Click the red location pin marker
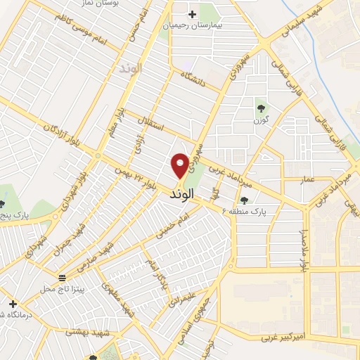(180, 165)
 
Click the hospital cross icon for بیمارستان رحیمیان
(192, 13)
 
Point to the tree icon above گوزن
(262, 108)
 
